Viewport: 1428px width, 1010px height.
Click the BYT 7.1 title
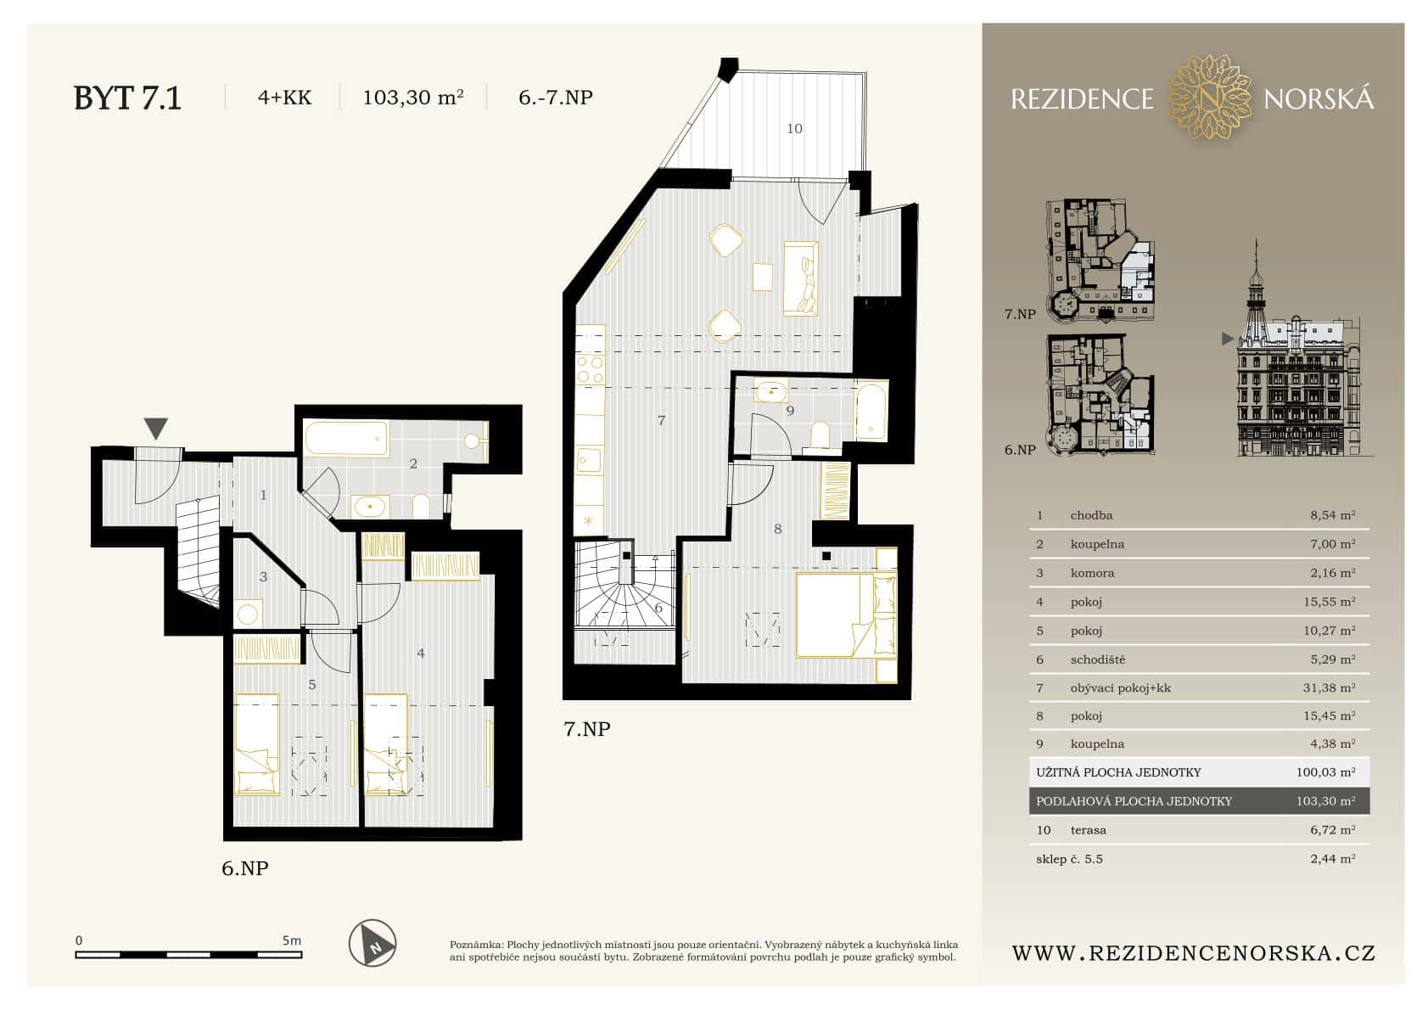(127, 98)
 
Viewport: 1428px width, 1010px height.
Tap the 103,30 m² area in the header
(412, 98)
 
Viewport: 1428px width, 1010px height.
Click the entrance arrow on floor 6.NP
(156, 429)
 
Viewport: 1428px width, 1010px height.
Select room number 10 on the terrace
(794, 129)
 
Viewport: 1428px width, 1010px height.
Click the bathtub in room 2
(346, 440)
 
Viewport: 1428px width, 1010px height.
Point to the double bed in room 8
(845, 614)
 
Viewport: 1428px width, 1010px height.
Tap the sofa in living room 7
(802, 278)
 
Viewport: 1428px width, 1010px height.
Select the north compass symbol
(373, 942)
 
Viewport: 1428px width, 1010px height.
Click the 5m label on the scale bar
(291, 940)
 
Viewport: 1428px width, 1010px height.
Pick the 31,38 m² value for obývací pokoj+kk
(1329, 688)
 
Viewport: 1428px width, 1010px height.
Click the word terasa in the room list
(1089, 830)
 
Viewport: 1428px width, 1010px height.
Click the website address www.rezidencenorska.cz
(1193, 953)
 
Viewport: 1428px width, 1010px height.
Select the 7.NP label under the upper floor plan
(587, 728)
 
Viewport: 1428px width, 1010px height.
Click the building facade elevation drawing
(1296, 373)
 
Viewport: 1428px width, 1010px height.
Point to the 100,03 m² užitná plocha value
(1325, 772)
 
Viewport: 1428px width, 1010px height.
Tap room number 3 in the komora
(264, 577)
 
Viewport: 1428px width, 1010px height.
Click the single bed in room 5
(256, 744)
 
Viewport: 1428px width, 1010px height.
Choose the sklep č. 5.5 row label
(1069, 859)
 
